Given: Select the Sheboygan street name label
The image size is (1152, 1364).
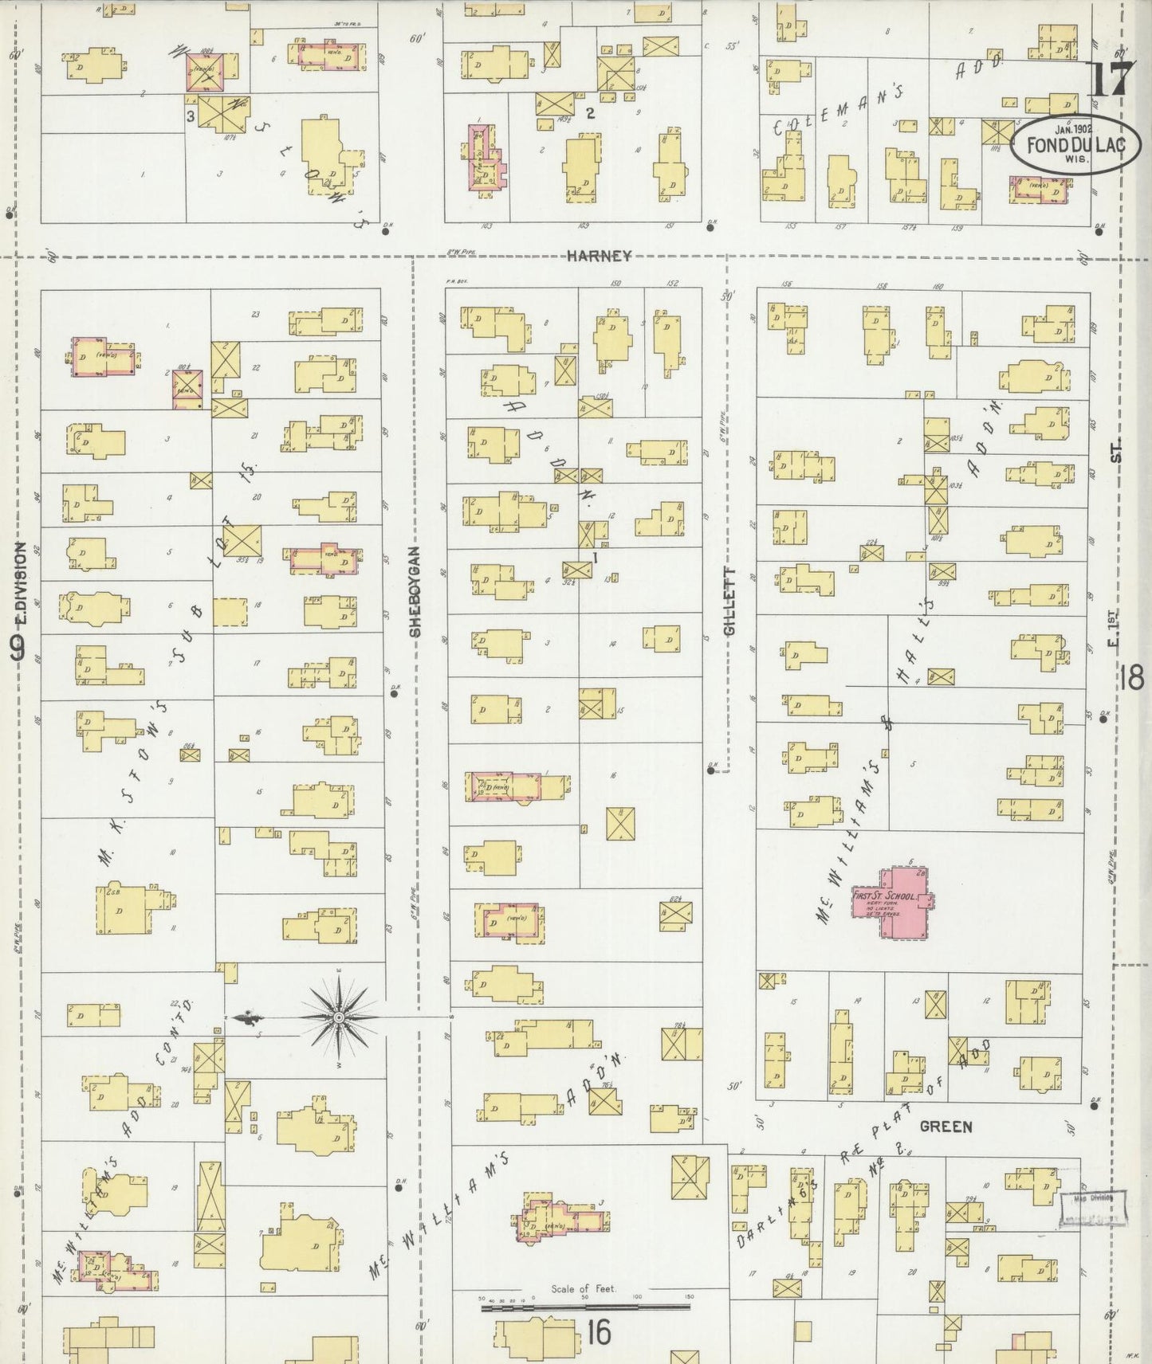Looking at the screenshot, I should click(415, 590).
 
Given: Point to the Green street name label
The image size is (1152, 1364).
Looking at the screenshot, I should click(946, 1127).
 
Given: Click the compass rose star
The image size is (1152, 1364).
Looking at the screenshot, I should click(339, 1017).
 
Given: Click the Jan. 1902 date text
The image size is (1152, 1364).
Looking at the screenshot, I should click(1072, 128).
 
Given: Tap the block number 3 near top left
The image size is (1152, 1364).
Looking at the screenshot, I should click(191, 116).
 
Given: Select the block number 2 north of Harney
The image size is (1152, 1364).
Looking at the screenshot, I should click(590, 113).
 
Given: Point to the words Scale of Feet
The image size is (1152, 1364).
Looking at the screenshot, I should click(583, 1288).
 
